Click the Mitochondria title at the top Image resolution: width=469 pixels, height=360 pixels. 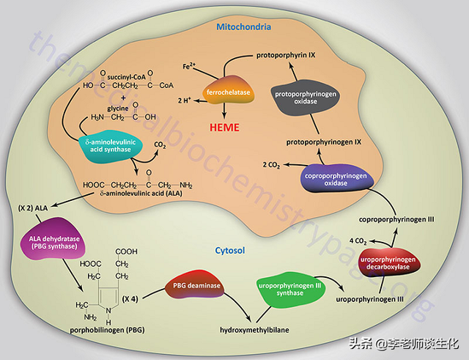tap(244, 27)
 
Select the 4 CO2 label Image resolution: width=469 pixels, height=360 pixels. tap(358, 240)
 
